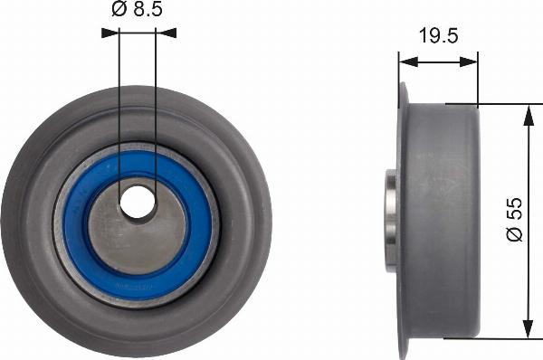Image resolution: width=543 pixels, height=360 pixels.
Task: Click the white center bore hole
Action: [138, 203]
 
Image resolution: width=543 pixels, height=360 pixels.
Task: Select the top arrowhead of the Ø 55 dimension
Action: [528, 111]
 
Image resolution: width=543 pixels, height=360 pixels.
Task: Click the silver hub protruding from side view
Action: [391, 222]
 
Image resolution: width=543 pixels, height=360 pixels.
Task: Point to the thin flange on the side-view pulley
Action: [403, 221]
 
